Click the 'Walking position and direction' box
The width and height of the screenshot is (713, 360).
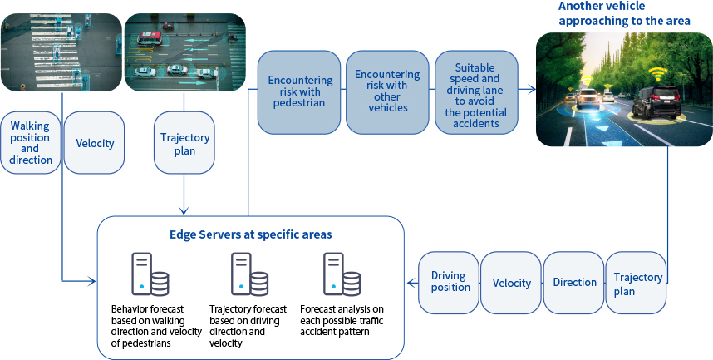click(31, 142)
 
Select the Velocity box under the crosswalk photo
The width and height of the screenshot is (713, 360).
click(94, 143)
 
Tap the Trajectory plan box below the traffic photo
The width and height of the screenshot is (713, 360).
click(183, 143)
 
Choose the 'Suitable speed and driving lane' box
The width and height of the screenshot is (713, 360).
click(476, 91)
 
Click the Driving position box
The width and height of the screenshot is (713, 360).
click(450, 282)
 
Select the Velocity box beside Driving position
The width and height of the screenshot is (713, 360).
click(511, 283)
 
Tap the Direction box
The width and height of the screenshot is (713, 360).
click(574, 283)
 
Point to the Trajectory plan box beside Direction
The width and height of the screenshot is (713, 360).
click(637, 283)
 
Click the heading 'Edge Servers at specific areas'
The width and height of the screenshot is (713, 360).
click(252, 234)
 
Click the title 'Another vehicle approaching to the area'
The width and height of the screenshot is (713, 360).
click(624, 13)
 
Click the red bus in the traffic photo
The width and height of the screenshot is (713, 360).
click(150, 37)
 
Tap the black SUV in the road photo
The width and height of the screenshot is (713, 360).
click(654, 104)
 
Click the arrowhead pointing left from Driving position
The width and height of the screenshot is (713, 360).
click(411, 283)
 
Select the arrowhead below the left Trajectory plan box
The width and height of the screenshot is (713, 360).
click(183, 210)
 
